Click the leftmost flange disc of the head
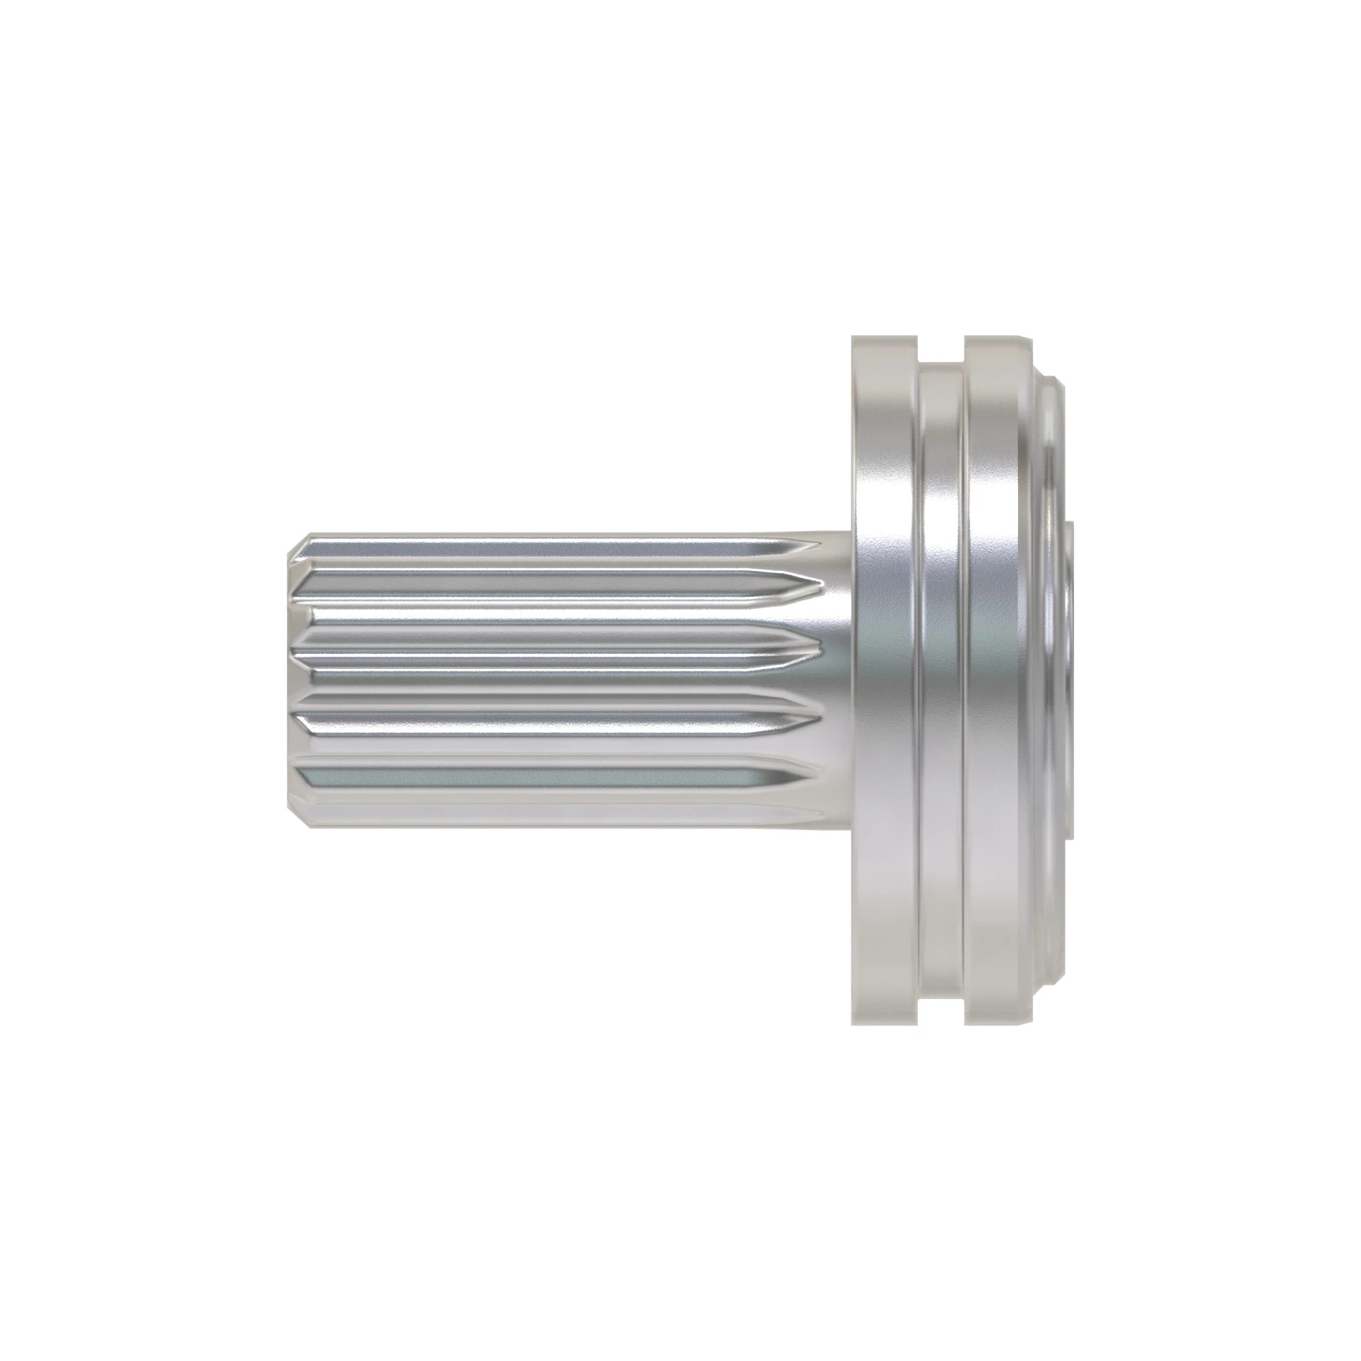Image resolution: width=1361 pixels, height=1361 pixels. point(884,680)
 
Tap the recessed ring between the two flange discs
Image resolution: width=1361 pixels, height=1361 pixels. point(942,680)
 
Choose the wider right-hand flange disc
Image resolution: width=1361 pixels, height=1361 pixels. point(1000,680)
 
